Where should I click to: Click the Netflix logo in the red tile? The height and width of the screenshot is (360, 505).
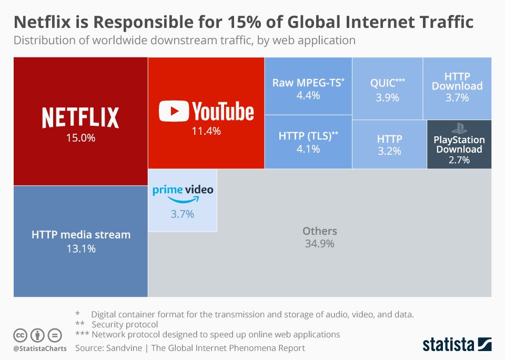tap(80, 117)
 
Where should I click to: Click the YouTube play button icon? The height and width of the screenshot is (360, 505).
tap(174, 112)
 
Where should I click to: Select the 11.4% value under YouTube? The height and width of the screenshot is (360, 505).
tap(206, 132)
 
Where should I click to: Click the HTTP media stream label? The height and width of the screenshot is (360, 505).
tap(80, 235)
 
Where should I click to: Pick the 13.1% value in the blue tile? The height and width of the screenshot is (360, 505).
tap(80, 248)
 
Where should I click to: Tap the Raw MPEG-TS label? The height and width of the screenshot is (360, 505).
tap(307, 83)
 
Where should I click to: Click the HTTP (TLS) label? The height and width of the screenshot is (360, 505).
tap(308, 136)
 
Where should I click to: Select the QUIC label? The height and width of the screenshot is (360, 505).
tap(387, 83)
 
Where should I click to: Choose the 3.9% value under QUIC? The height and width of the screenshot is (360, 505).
tap(388, 98)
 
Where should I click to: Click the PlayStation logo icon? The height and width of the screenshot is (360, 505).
tap(459, 128)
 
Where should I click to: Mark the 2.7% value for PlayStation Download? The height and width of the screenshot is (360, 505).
tap(459, 160)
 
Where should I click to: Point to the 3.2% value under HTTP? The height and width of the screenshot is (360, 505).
tap(389, 152)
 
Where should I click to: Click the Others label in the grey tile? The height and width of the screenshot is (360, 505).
tap(319, 231)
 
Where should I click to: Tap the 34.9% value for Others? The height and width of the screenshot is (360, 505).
tap(319, 244)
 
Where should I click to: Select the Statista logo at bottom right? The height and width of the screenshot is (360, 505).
tap(457, 345)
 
